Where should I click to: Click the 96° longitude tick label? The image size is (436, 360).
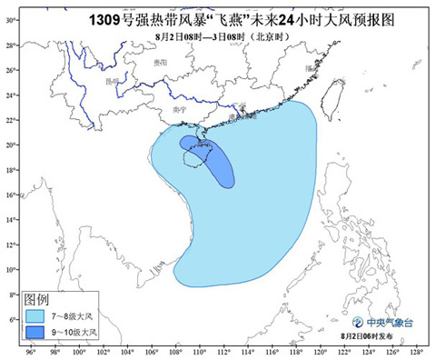point(32,351)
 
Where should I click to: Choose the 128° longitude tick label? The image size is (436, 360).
point(415,351)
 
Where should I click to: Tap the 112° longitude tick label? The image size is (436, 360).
point(223,351)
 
